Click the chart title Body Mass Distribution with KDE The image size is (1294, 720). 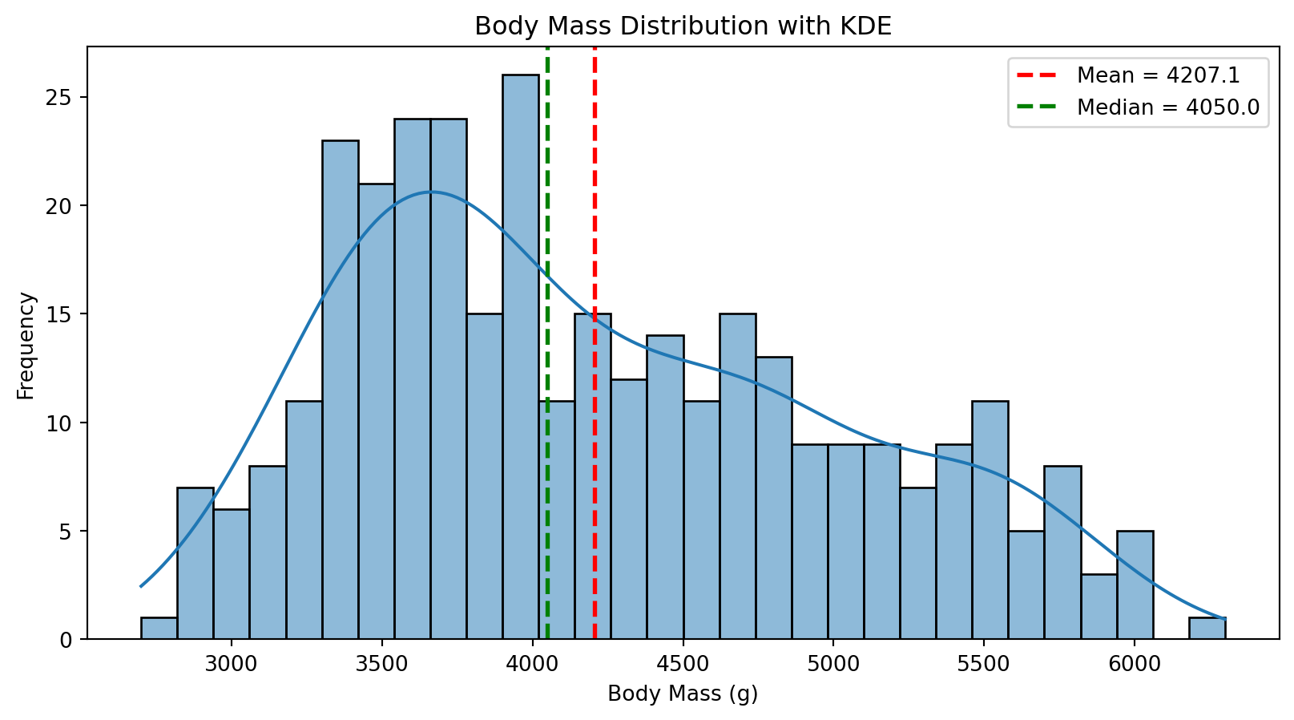point(683,26)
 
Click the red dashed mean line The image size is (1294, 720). point(595,200)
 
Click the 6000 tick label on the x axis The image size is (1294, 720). point(1134,663)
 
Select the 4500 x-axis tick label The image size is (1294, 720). point(683,663)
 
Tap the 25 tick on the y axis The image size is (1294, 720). point(66,98)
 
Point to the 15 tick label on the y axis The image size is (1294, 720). point(66,314)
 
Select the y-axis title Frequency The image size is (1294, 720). point(26,346)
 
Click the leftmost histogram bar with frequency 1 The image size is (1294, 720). point(159,629)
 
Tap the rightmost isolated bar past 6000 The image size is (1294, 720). point(1207,629)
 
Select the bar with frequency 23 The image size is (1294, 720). point(341,393)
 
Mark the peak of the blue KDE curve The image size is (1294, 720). point(431,192)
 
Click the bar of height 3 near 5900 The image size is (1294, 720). point(1098,607)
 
